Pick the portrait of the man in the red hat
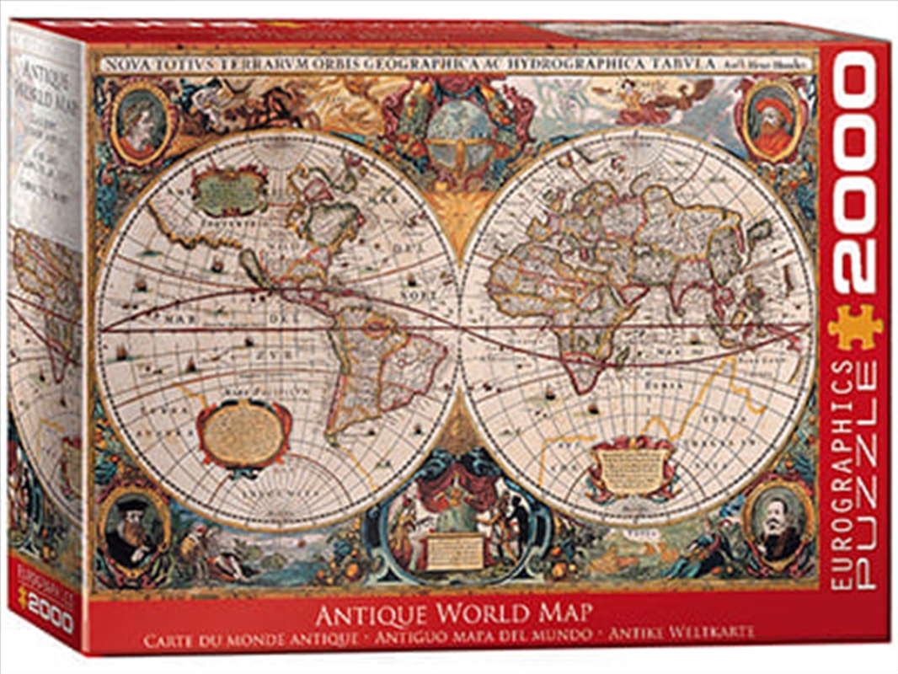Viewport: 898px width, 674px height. click(x=768, y=119)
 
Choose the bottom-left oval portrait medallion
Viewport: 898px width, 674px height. click(x=132, y=531)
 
